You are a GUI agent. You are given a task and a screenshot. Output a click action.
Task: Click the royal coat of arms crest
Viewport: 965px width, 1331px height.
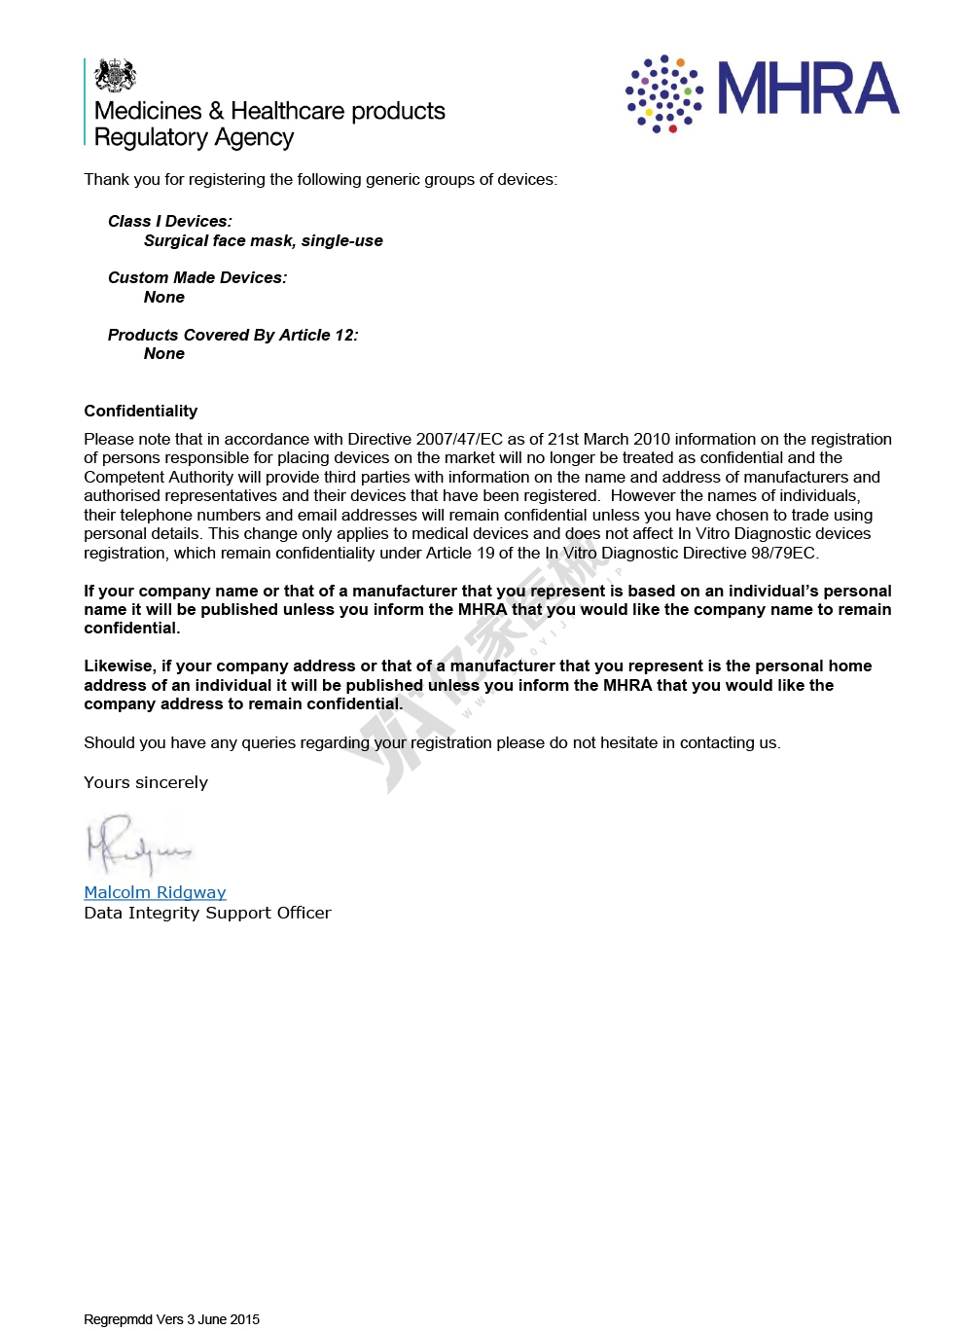[x=116, y=75]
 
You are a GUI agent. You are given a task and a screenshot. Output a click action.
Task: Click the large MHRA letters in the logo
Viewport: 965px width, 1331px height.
[x=807, y=90]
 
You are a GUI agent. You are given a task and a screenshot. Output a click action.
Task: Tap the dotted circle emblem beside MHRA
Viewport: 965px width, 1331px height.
[x=664, y=93]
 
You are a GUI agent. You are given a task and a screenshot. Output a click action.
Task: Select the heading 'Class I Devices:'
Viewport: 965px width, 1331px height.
[x=170, y=222]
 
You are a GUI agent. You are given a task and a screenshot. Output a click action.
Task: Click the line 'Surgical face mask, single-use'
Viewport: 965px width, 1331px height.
[x=263, y=241]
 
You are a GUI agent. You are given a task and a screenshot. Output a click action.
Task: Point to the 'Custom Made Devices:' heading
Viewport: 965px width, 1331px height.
[x=197, y=278]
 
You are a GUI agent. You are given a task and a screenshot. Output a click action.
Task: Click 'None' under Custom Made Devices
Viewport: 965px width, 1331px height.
[x=164, y=298]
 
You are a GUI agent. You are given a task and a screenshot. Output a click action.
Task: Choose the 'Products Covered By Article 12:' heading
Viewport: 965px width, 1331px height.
[x=232, y=336]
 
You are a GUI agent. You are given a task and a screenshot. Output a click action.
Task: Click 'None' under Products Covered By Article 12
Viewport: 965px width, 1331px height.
[x=164, y=354]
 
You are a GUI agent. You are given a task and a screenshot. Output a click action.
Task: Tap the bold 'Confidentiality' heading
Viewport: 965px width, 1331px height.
[x=140, y=412]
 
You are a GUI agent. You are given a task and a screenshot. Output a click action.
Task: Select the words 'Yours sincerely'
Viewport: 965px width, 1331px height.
[x=146, y=783]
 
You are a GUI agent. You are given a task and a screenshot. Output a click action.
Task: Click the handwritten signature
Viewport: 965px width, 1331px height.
[x=136, y=845]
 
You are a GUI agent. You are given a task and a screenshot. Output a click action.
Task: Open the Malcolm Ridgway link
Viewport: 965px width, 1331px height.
[x=155, y=893]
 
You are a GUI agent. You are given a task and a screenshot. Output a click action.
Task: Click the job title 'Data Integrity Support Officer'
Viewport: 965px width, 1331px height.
[x=207, y=914]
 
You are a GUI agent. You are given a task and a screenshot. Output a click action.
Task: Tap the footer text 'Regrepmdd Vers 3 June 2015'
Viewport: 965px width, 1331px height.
[x=171, y=1320]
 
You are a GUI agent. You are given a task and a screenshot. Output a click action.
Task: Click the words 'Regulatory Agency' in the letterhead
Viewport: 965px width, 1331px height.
[x=194, y=138]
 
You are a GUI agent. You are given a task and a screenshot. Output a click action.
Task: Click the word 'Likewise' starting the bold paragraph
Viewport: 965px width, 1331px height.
[x=119, y=666]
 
